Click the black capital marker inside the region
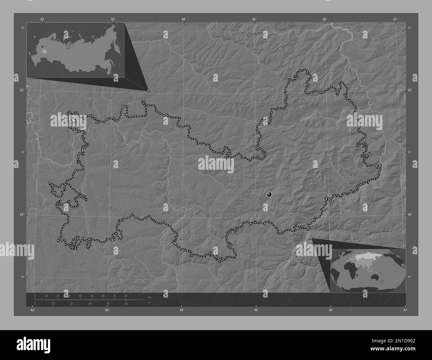[x=269, y=194]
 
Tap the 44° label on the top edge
[x=183, y=19]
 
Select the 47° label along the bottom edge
[x=405, y=310]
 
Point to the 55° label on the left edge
[x=21, y=90]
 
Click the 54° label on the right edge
[x=410, y=215]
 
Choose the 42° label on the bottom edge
[x=32, y=310]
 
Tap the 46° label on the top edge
[x=325, y=19]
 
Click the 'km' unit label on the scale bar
[x=150, y=297]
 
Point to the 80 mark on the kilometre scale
[x=126, y=296]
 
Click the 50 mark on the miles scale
[x=126, y=304]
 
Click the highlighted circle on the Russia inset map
[x=44, y=52]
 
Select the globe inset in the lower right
[x=368, y=270]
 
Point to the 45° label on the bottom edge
[x=256, y=310]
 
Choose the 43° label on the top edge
[x=113, y=19]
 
